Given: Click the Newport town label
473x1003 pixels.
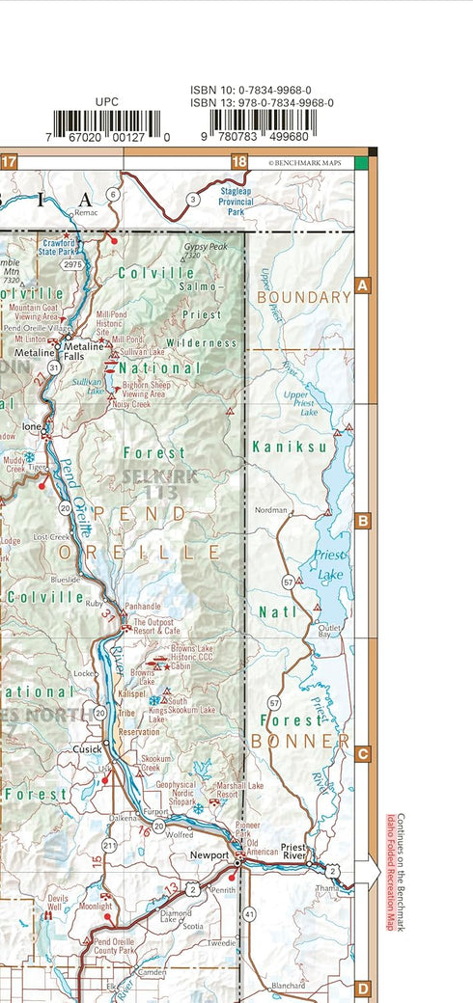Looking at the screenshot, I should [209, 855].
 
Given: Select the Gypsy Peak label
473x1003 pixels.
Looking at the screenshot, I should [205, 247].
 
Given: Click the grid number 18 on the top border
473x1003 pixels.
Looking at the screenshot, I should [239, 162].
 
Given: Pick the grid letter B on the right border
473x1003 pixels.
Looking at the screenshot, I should [363, 521].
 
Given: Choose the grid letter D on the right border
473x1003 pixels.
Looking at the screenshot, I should [363, 989].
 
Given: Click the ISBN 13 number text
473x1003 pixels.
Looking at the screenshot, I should [262, 102].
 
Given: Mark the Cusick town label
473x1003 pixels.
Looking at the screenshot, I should [87, 748].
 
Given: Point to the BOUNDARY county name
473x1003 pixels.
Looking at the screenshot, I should [303, 297].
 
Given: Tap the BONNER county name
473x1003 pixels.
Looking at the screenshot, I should [300, 741].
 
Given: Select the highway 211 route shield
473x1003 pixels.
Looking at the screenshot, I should [109, 846].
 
